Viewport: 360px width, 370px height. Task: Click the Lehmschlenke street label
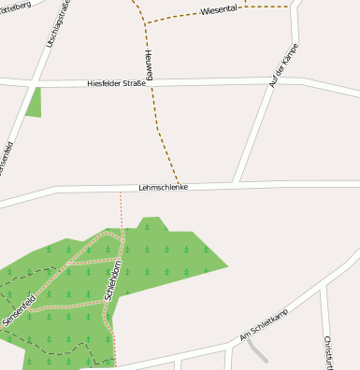point(164,187)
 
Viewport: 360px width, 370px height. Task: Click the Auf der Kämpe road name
point(284,65)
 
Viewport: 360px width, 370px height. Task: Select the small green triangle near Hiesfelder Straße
point(35,103)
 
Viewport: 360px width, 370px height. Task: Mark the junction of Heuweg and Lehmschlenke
point(179,185)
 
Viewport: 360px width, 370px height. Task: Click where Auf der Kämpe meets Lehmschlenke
point(240,182)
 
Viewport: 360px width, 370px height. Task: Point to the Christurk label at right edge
point(328,351)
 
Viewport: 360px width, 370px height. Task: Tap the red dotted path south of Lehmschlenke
point(121,209)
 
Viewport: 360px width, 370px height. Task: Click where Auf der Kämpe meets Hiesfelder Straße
point(271,81)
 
